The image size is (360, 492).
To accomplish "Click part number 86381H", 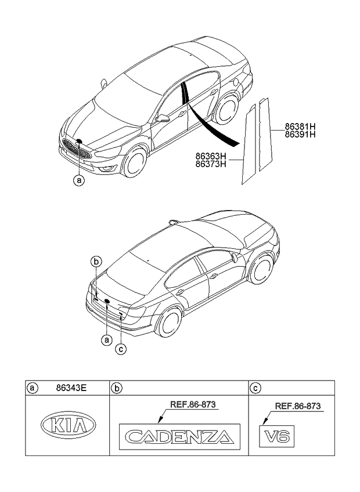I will coord(300,126).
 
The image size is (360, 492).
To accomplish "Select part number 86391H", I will coord(300,134).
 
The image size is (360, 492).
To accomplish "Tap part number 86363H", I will coord(211,156).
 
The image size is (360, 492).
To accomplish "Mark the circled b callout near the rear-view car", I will coord(97,261).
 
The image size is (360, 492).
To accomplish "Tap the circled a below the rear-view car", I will coord(106,341).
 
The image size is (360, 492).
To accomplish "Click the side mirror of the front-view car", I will coord(164,118).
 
